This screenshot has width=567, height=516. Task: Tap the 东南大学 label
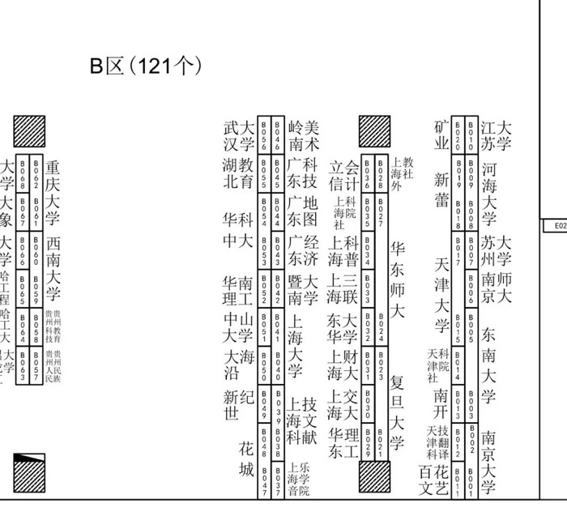pyautogui.click(x=488, y=365)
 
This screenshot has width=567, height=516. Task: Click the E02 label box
pyautogui.click(x=557, y=228)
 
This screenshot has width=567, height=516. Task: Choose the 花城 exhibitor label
pyautogui.click(x=245, y=459)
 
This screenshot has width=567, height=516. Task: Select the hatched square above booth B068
pyautogui.click(x=29, y=130)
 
